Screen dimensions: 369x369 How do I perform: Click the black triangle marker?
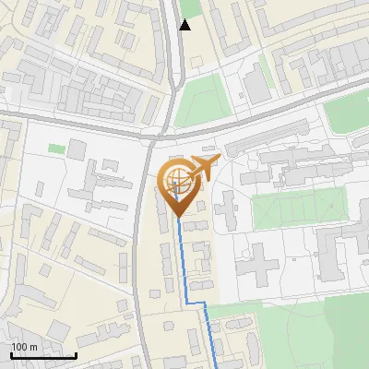(185, 25)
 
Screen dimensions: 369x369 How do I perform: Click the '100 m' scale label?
(25, 347)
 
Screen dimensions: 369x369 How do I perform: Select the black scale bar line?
(43, 355)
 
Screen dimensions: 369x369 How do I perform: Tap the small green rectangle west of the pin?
(56, 148)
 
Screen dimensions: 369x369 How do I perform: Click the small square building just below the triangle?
(194, 62)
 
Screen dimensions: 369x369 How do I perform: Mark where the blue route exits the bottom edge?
(216, 367)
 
